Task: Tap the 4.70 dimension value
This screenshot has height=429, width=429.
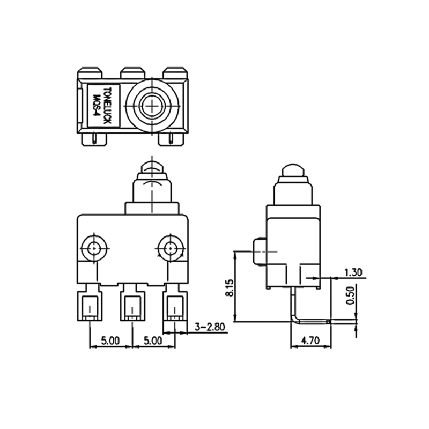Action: click(x=310, y=340)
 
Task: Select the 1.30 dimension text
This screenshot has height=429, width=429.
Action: click(x=353, y=272)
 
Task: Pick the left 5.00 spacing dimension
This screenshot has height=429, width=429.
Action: click(x=110, y=340)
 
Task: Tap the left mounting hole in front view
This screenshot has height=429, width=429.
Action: click(x=94, y=248)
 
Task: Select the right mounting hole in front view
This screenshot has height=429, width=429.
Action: click(x=171, y=248)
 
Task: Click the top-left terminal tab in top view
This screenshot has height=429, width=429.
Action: click(x=90, y=72)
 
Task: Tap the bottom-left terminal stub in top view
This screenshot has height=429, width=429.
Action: click(x=95, y=139)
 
